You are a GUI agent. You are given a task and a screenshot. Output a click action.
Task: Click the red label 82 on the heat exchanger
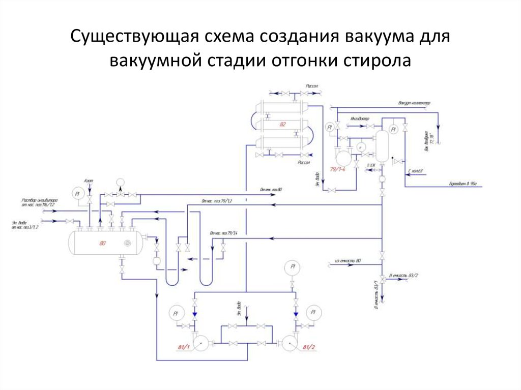[283, 124]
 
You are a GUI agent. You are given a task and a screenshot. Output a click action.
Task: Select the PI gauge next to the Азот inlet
[78, 194]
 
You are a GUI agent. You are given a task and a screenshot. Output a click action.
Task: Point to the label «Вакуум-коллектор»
[415, 103]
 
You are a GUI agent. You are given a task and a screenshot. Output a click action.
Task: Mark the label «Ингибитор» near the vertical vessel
[359, 118]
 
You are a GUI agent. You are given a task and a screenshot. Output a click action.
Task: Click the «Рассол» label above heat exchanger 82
[312, 86]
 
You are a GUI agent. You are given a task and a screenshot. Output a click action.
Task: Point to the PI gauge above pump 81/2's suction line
[293, 266]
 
